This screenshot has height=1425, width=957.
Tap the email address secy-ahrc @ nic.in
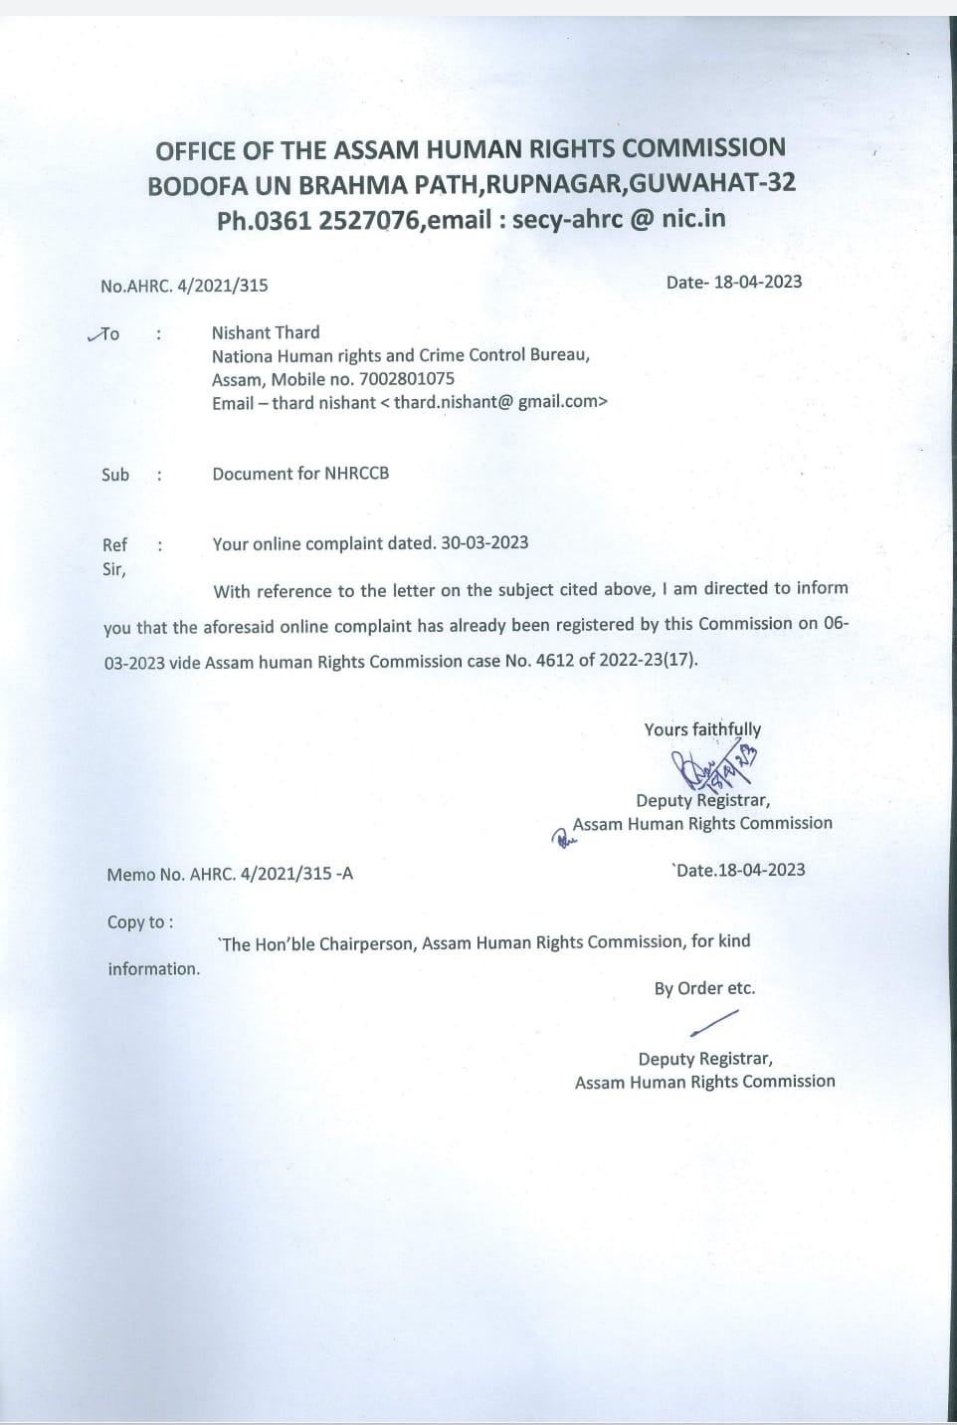(618, 219)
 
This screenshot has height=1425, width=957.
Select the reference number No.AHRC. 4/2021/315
(184, 286)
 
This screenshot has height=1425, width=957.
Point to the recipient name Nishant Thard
(266, 332)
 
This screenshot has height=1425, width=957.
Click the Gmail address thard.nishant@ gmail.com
(500, 402)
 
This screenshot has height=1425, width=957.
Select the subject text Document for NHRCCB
(300, 474)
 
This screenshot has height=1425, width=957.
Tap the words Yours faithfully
(702, 729)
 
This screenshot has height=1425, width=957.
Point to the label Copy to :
(140, 922)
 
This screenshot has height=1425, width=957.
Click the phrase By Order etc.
(704, 988)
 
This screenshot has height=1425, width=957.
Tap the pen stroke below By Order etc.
(713, 1022)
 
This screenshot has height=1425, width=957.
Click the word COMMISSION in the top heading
(703, 148)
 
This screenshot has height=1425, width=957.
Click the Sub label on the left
(115, 475)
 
